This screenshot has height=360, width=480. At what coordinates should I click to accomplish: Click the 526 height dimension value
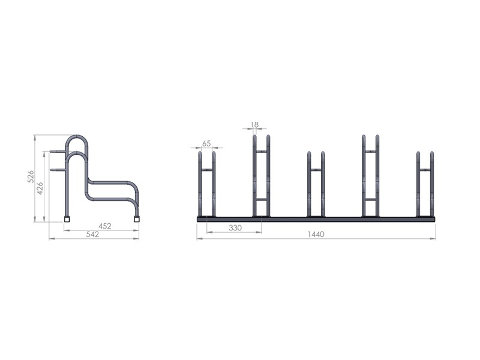coord(31,176)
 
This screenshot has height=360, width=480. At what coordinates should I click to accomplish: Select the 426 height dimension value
coord(40,188)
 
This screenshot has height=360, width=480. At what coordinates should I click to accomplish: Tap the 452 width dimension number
coord(105,226)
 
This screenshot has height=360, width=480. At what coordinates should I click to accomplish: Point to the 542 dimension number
coord(93,234)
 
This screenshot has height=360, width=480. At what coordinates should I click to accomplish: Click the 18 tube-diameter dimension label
coord(254,124)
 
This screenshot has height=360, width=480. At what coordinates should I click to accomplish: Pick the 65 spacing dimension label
coord(206,143)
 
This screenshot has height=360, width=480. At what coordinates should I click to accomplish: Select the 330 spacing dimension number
coord(235,228)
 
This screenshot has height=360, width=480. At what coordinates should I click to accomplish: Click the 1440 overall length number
coord(316,234)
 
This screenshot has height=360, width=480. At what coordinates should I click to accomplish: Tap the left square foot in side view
coord(67,219)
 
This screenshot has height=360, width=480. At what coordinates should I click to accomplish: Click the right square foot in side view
coord(137,219)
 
